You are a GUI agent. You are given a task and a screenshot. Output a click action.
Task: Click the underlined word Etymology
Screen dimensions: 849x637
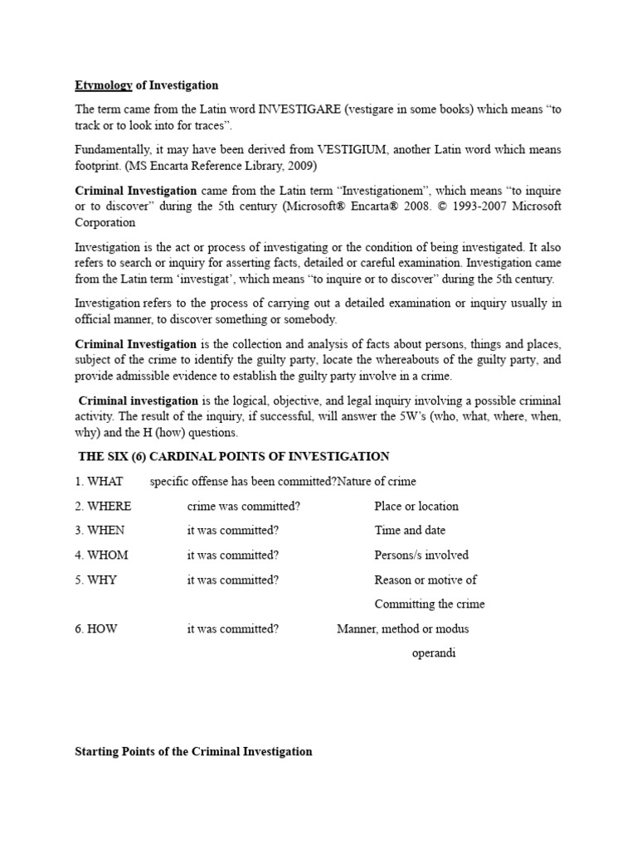104,85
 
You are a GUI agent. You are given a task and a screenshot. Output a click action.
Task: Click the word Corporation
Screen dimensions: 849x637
105,222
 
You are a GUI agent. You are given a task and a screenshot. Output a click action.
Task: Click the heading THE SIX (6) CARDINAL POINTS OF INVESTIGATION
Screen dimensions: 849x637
233,457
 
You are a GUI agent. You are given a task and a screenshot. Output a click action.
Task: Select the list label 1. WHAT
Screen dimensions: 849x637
99,482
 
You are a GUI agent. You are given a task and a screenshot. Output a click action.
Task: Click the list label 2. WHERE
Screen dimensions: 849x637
103,506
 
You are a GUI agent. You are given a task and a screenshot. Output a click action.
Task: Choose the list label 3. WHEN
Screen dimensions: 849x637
100,531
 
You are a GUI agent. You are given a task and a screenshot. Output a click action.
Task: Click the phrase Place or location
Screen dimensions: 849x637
416,506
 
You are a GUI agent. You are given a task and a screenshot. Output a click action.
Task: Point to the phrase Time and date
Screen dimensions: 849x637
410,531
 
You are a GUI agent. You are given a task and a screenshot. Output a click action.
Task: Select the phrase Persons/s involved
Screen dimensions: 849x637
421,555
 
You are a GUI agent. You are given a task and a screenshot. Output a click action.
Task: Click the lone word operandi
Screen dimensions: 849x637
434,653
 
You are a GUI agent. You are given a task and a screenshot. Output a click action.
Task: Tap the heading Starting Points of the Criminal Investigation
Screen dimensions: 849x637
193,751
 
